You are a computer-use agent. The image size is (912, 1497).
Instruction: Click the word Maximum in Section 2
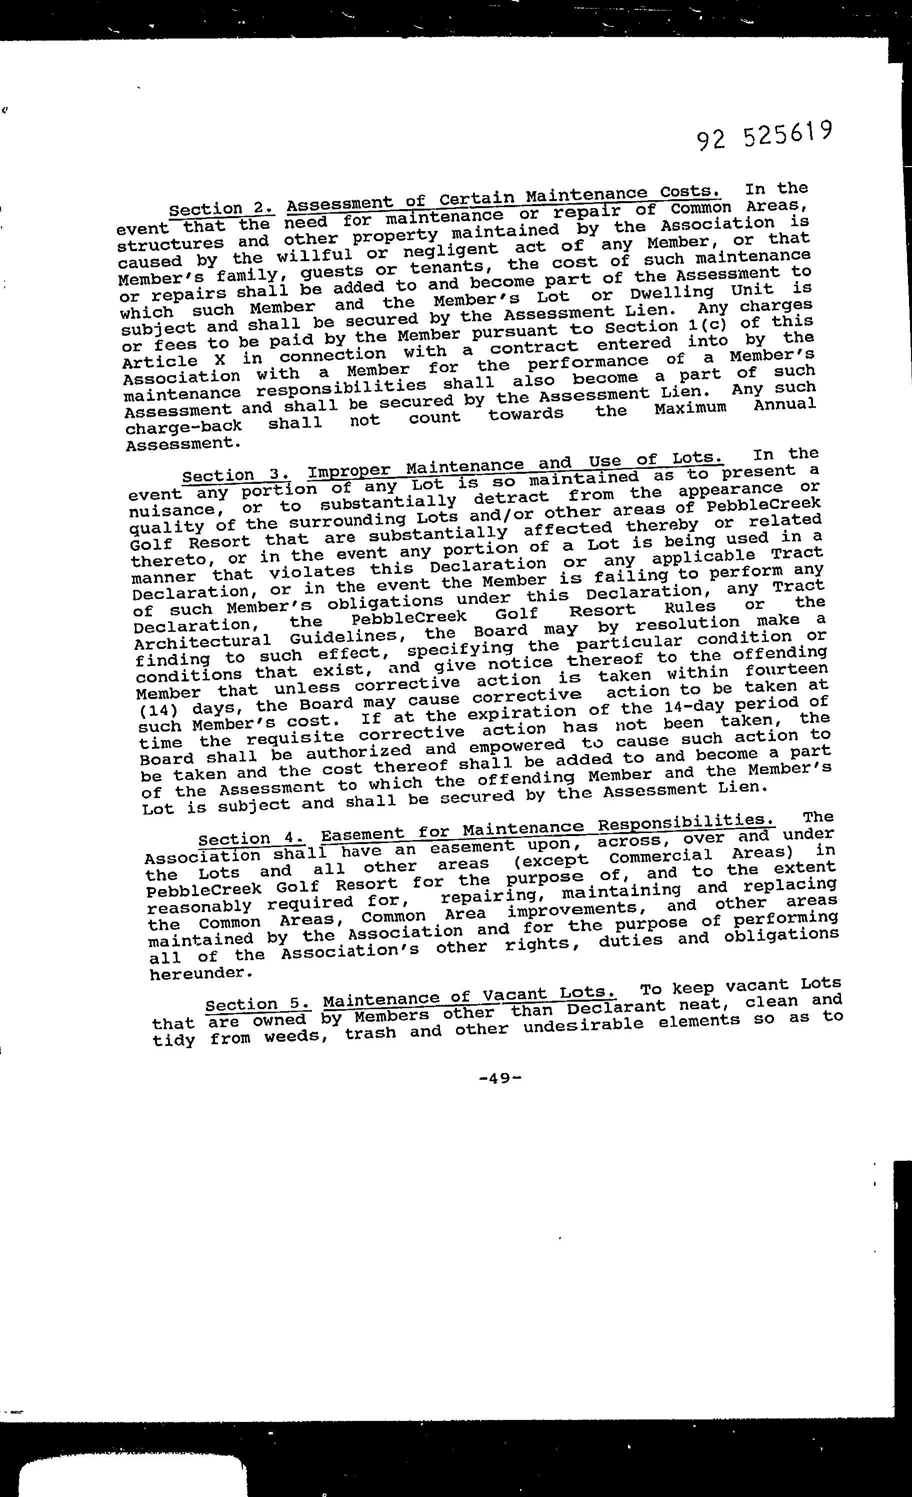pyautogui.click(x=690, y=408)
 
